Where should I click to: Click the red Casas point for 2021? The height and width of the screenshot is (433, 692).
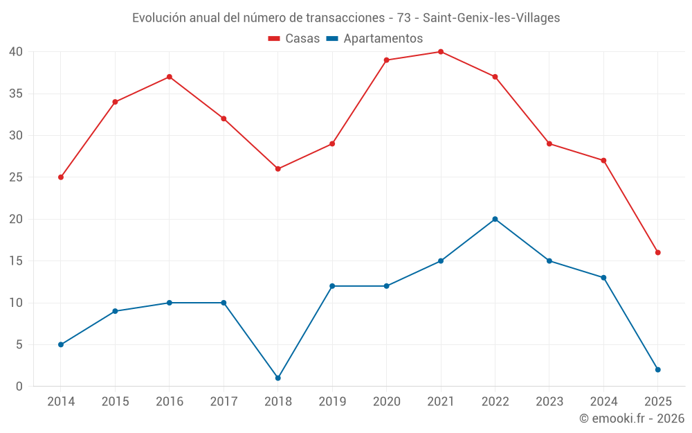pos(441,52)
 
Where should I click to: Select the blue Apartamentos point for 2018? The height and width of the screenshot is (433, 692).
pos(278,378)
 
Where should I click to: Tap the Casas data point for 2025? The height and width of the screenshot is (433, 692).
pos(657,252)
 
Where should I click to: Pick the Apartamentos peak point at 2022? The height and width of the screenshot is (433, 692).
pos(495,219)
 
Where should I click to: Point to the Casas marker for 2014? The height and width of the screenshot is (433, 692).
pos(61,177)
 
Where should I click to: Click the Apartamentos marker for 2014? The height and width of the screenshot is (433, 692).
pos(61,344)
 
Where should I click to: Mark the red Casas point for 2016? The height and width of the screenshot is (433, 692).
pos(170,77)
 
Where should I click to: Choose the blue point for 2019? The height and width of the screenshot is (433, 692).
pos(332,286)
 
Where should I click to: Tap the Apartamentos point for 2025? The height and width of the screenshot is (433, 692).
pos(657,370)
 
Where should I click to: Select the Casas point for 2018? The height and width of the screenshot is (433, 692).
pos(278,169)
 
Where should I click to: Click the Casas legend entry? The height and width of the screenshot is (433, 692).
pos(294,39)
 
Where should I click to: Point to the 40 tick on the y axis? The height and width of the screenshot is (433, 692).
pos(16,52)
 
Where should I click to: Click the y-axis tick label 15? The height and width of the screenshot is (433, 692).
pos(16,261)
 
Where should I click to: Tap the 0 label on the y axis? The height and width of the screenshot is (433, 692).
pos(19,387)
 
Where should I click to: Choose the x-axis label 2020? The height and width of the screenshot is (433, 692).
pos(386,402)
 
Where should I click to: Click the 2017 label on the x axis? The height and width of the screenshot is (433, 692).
pos(224,402)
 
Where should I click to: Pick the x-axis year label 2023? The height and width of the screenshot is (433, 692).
pos(549,402)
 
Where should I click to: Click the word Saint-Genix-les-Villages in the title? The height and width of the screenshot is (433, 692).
pos(491,17)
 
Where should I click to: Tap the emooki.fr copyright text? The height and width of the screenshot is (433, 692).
pos(632,418)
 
